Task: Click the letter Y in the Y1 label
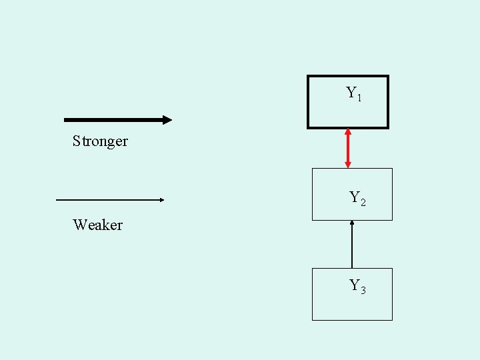[351, 93]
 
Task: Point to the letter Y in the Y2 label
[355, 197]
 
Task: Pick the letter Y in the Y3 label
[355, 285]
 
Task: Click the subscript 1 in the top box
[360, 99]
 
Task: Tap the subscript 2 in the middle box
[363, 202]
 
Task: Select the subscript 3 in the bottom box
[363, 291]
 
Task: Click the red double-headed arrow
[347, 148]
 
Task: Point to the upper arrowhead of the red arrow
[347, 132]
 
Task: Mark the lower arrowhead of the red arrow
[347, 164]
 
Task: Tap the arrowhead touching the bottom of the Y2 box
[352, 223]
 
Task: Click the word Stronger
[100, 141]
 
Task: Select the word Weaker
[98, 225]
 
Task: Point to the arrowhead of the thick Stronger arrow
[167, 120]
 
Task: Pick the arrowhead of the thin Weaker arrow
[161, 199]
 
